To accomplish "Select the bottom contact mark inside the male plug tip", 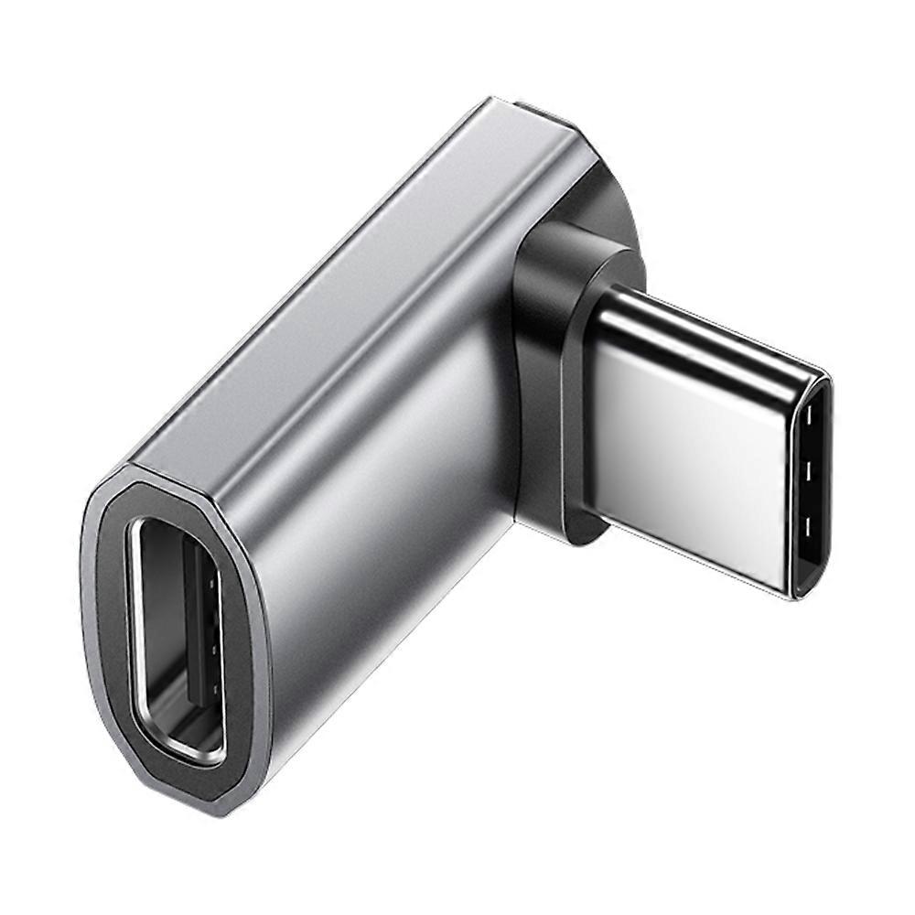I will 809,528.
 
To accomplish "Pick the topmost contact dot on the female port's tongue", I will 213,580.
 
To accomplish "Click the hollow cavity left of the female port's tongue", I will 161,631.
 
